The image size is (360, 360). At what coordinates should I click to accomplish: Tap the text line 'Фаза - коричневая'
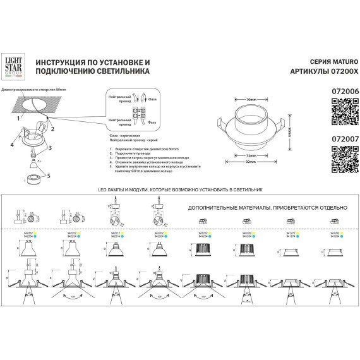pyautogui.click(x=124, y=136)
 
